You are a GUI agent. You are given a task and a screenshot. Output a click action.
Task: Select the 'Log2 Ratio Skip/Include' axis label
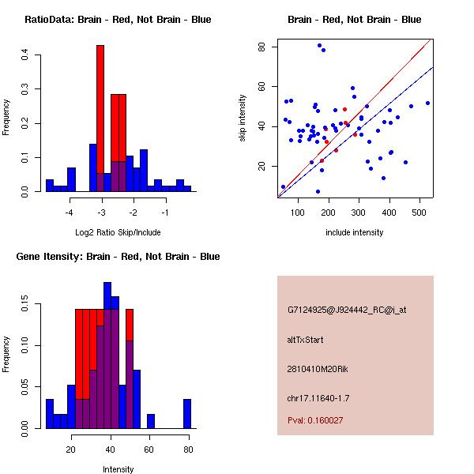(118, 232)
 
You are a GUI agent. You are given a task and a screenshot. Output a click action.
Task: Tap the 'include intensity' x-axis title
(355, 232)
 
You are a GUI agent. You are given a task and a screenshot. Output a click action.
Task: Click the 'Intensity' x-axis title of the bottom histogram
(118, 469)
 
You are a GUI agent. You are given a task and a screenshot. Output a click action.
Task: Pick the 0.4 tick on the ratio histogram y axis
(24, 55)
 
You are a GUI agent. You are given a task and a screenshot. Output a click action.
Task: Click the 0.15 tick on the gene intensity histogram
(24, 307)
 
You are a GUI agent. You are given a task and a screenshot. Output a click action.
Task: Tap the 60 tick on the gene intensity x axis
(149, 449)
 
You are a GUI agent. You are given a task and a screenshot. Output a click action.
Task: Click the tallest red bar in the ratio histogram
(100, 111)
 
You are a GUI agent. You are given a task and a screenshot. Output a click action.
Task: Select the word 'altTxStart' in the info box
(305, 340)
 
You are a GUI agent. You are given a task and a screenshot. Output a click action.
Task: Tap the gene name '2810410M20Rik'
(314, 369)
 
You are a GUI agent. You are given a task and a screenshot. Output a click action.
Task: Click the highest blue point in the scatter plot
(319, 45)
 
